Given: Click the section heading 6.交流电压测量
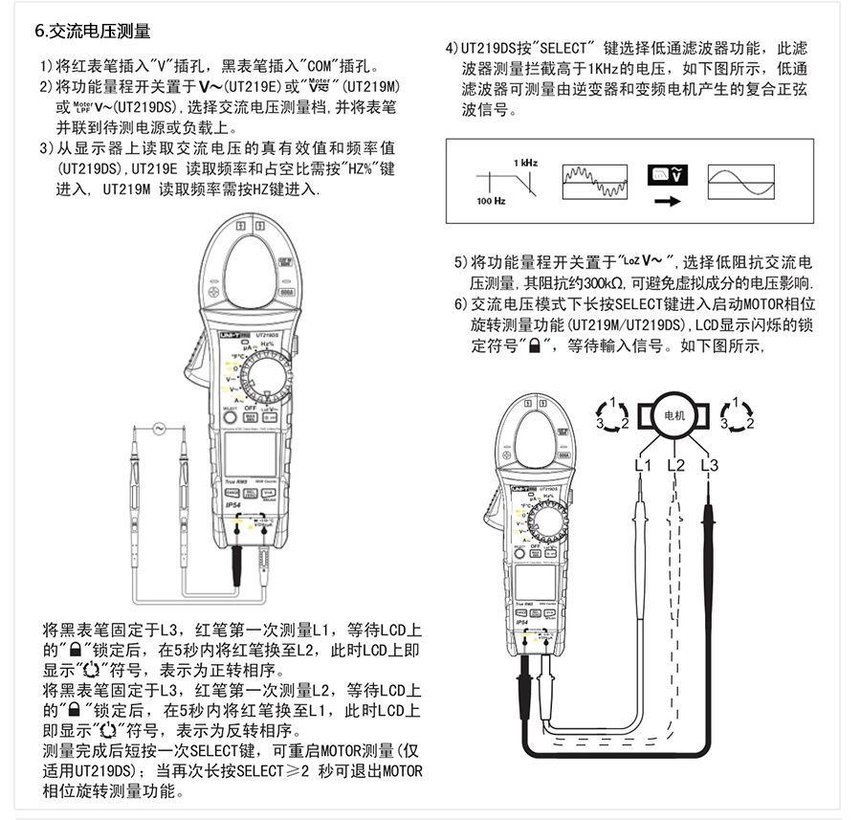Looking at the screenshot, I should point(93,33).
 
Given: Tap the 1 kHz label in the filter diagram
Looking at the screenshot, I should point(524,162).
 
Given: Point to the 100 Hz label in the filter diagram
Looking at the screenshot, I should point(492,202).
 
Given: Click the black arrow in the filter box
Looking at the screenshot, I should point(667,201).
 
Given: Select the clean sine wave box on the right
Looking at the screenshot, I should point(739,179).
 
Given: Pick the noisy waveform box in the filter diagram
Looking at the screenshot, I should point(594,179).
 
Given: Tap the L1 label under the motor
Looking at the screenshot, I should point(643,466).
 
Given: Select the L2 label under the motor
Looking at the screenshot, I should point(675,466).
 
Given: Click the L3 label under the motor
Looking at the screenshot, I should point(709,466).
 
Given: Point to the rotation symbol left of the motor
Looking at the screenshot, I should point(612,413).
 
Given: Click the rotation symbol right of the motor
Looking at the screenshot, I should point(736,413).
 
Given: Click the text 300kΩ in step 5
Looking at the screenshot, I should point(601,284).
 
